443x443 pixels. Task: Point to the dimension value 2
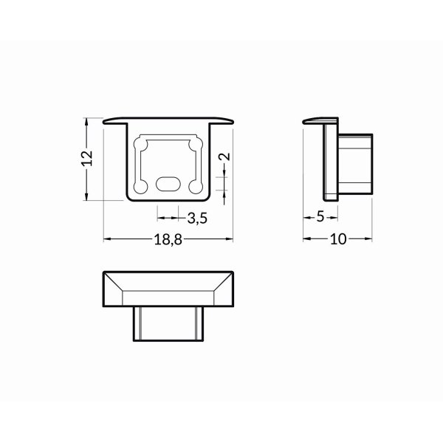tap(226, 156)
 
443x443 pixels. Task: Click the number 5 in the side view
tap(320, 217)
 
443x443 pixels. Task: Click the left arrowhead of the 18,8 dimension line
tap(106, 238)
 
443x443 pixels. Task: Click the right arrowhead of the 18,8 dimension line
tap(229, 238)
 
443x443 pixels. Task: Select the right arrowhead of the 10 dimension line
tap(368, 238)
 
